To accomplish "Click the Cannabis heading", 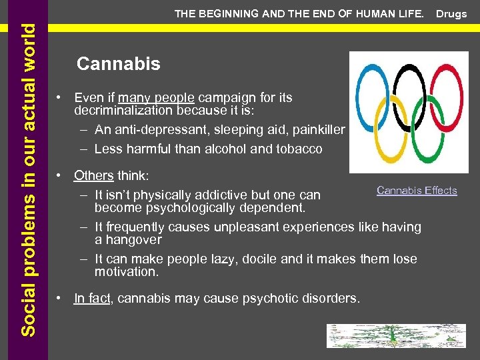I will tap(119, 64).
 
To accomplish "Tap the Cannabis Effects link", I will tap(417, 191).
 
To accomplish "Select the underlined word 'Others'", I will tap(94, 175).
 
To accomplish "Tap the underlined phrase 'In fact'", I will tap(93, 299).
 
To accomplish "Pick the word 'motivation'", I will tap(125, 271).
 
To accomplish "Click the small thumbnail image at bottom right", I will tap(396, 336).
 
